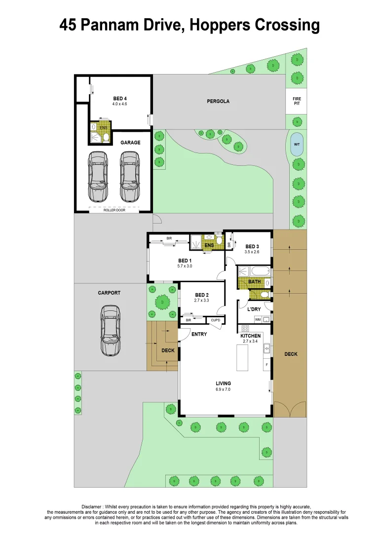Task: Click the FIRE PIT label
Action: tap(297, 101)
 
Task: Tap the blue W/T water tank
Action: tap(297, 144)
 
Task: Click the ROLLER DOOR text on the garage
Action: tap(113, 210)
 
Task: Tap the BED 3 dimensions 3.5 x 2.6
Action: tap(252, 252)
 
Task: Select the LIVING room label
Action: tap(223, 383)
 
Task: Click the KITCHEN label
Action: tap(250, 336)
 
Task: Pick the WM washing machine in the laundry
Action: tap(258, 320)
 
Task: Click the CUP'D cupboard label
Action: tap(215, 320)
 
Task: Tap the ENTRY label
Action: tap(199, 334)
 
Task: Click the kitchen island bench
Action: tap(242, 358)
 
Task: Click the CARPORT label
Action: tap(109, 293)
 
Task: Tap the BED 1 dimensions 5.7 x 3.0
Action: tap(185, 266)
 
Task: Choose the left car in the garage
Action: tap(98, 175)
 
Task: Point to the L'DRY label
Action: tap(254, 309)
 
